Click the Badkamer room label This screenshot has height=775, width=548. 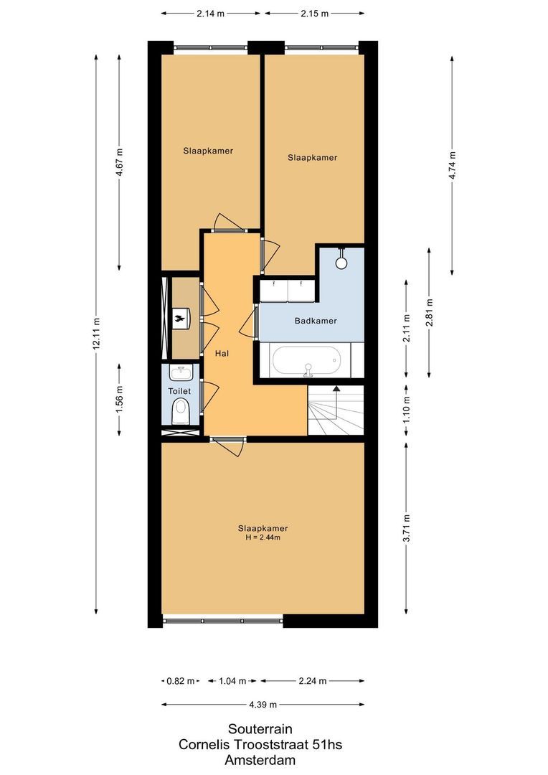point(315,321)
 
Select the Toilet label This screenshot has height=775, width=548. point(179,391)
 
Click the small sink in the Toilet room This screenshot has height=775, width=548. point(181,373)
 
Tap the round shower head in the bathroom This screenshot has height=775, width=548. point(341,263)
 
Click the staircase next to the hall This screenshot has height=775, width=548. point(336,410)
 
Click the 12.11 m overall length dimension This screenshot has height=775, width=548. point(95,335)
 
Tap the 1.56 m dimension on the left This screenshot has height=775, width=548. point(119,398)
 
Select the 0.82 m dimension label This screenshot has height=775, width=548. point(179,681)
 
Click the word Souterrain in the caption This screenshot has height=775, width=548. point(260,729)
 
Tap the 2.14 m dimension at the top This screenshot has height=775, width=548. point(209,14)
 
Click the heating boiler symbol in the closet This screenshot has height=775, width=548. point(181,316)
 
